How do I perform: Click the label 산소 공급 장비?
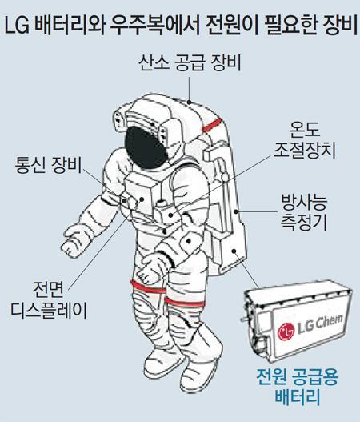[x=190, y=63]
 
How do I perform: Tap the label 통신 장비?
[x=48, y=165]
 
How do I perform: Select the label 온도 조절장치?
[x=304, y=140]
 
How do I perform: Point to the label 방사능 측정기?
[x=304, y=212]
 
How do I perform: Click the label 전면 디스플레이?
[x=49, y=299]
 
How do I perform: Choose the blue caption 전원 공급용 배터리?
[x=298, y=387]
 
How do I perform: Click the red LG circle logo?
[x=286, y=332]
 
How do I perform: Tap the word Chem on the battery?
[x=328, y=321]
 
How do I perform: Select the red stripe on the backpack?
[x=212, y=125]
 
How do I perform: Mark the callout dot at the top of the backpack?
[x=190, y=102]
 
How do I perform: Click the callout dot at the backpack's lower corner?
[x=234, y=251]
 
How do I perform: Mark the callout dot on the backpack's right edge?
[x=236, y=211]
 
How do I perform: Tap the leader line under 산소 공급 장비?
[x=190, y=89]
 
